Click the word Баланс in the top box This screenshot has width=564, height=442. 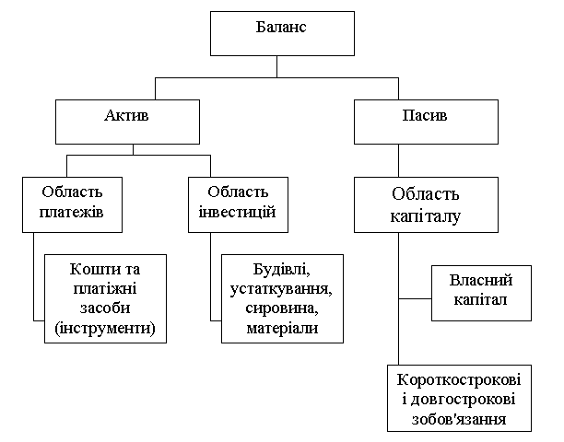pyautogui.click(x=281, y=28)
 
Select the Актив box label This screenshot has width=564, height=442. pyautogui.click(x=126, y=116)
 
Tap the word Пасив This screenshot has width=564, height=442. pyautogui.click(x=425, y=116)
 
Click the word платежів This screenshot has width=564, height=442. pyautogui.click(x=71, y=212)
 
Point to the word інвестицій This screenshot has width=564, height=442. pyautogui.click(x=238, y=212)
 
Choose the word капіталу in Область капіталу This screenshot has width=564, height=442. pyautogui.click(x=426, y=217)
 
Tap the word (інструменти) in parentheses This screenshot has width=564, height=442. pyautogui.click(x=105, y=328)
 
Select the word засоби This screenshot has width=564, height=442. pyautogui.click(x=105, y=308)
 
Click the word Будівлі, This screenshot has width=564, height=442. pyautogui.click(x=282, y=269)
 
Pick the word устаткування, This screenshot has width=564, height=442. pyautogui.click(x=281, y=289)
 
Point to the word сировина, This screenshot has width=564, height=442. pyautogui.click(x=282, y=308)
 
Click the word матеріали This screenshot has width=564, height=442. pyautogui.click(x=282, y=328)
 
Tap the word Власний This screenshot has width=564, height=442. pyautogui.click(x=481, y=280)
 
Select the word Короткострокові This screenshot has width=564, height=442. pyautogui.click(x=459, y=380)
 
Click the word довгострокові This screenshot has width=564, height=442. pyautogui.click(x=463, y=400)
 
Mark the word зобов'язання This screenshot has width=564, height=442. pyautogui.click(x=459, y=419)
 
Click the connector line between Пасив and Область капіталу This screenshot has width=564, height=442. pyautogui.click(x=398, y=160)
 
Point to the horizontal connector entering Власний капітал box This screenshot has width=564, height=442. pyautogui.click(x=415, y=298)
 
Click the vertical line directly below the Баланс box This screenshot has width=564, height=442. pyautogui.click(x=277, y=66)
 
